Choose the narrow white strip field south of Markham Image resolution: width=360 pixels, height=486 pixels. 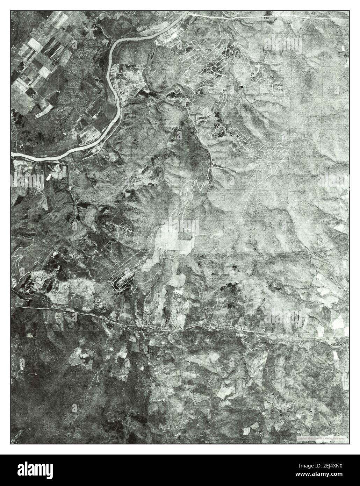pos(336,357)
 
